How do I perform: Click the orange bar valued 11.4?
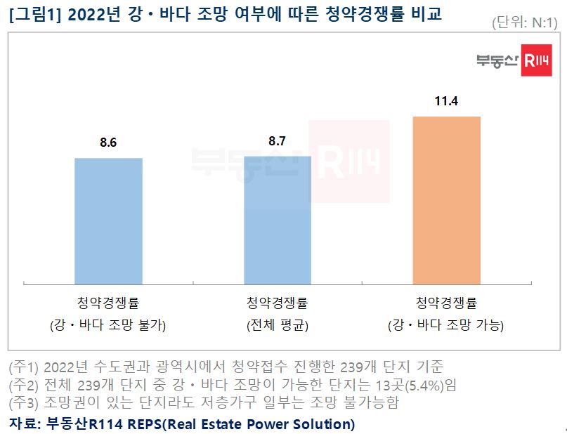coord(446,200)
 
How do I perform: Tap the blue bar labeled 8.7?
coord(277,220)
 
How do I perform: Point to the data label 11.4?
coord(446,102)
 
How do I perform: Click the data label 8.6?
coord(108,143)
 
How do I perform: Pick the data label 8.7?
coord(277,141)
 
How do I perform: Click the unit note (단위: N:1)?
coord(525,23)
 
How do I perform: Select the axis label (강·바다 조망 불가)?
coord(108,325)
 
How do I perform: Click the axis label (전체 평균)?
coord(277,325)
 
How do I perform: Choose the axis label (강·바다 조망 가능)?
coord(446,325)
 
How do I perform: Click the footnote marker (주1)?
coord(22,367)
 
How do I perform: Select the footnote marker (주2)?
coord(22,385)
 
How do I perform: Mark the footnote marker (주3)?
coord(22,403)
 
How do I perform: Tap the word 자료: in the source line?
coord(25,423)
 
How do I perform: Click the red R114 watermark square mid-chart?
coord(349,162)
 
